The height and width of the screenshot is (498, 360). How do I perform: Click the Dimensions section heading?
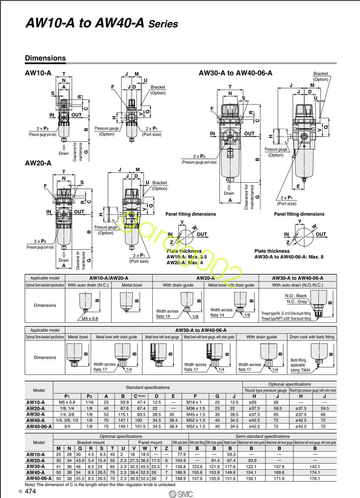[45, 58]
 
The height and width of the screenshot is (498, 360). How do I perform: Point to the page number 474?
[30, 491]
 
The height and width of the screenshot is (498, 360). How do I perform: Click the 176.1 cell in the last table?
[315, 479]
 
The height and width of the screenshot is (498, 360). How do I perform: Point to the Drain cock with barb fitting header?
[312, 337]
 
